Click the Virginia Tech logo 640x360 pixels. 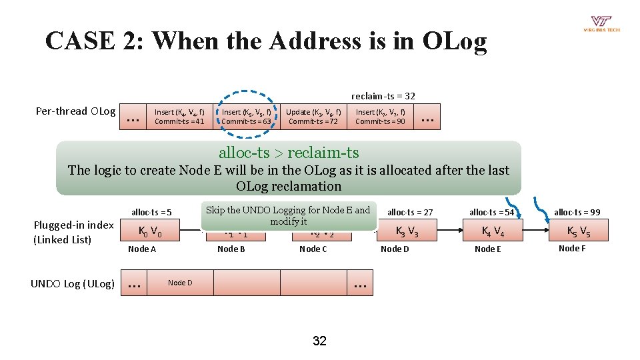601,24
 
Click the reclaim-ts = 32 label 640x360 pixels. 383,96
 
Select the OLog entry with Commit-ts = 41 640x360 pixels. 179,117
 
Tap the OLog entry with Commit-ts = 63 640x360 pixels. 247,117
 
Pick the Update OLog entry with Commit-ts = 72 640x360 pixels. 313,117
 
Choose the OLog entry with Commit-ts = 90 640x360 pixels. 380,117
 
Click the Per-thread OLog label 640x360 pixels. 75,111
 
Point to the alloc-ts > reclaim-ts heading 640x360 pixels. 289,153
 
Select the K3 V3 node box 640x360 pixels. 407,232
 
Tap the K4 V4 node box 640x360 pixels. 494,232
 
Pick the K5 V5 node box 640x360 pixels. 578,232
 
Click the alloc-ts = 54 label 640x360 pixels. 492,212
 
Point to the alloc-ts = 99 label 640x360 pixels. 577,212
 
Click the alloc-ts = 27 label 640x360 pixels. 410,212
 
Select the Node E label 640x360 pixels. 487,249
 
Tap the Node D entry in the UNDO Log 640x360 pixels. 180,283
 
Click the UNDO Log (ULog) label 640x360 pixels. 73,284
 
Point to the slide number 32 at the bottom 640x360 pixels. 320,341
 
